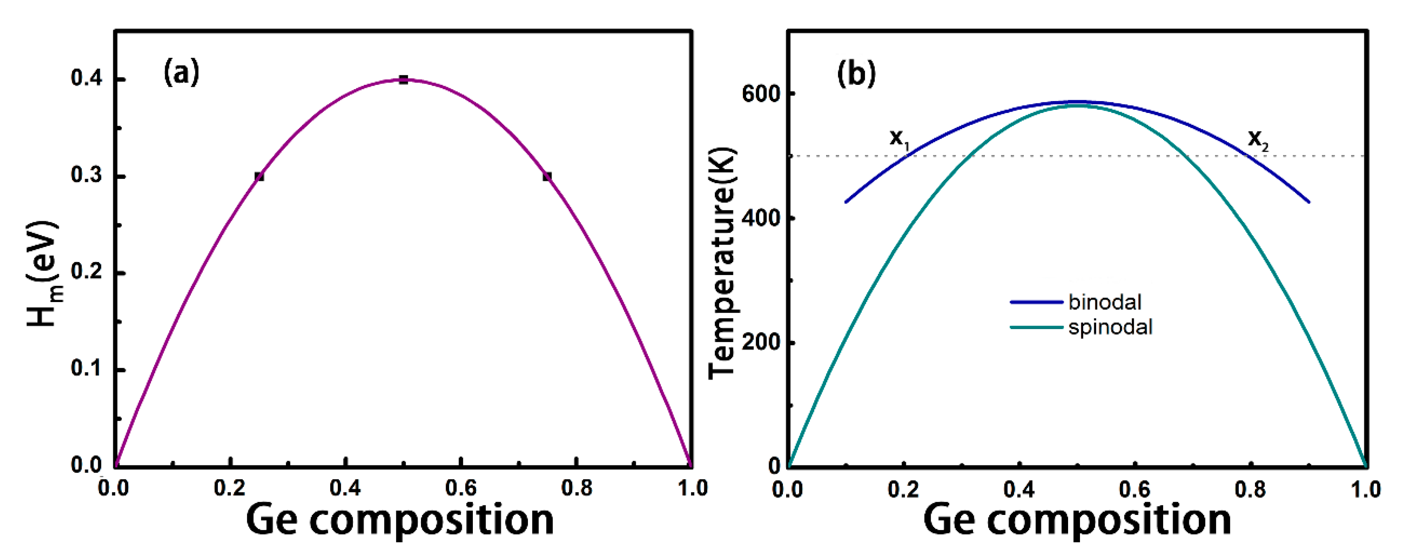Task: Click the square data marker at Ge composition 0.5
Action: click(403, 80)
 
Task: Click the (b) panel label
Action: click(856, 73)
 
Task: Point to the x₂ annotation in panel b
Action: click(1258, 138)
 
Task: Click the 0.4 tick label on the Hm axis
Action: click(87, 78)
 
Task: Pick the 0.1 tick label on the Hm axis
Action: click(87, 368)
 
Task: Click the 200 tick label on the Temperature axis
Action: click(760, 342)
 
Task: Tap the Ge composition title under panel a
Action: click(400, 520)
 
